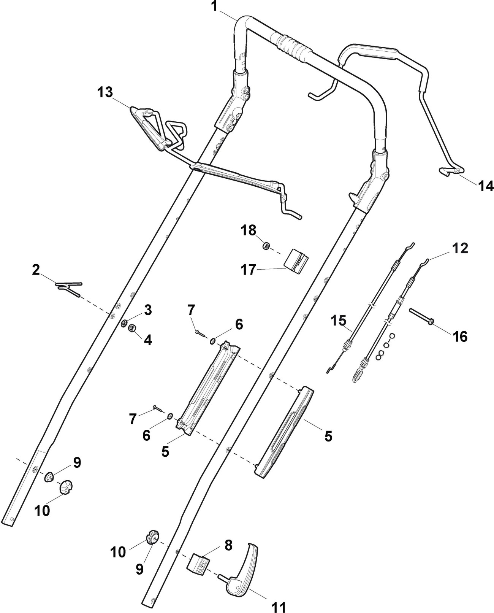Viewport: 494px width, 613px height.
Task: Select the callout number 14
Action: [x=485, y=186]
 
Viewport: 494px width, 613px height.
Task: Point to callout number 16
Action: [x=460, y=336]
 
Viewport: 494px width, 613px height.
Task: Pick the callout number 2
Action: [x=36, y=270]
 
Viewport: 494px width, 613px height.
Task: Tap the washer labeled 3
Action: [x=124, y=324]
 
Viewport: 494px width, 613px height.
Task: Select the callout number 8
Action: [x=228, y=545]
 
